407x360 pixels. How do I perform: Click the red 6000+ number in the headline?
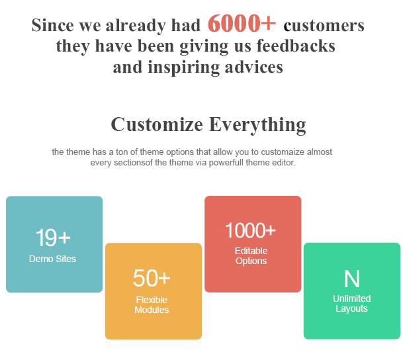tap(242, 23)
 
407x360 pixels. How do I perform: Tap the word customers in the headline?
tap(324, 26)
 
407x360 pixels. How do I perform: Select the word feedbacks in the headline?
tap(296, 46)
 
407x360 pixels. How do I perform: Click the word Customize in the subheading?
tap(157, 124)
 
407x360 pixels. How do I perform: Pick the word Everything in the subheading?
tap(257, 125)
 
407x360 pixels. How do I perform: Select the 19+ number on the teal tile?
tap(53, 238)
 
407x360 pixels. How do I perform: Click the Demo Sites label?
tap(52, 259)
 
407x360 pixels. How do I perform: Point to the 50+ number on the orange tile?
tap(152, 278)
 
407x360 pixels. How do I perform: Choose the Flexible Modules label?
tap(152, 304)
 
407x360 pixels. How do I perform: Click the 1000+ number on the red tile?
tap(250, 230)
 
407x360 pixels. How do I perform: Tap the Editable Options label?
tap(251, 256)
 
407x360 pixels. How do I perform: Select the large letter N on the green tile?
tap(351, 279)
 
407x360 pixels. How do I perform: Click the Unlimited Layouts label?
tap(351, 303)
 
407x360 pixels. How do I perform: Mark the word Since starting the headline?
tap(53, 25)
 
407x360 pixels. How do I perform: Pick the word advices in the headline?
tap(253, 67)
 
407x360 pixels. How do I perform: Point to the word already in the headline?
tap(136, 26)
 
